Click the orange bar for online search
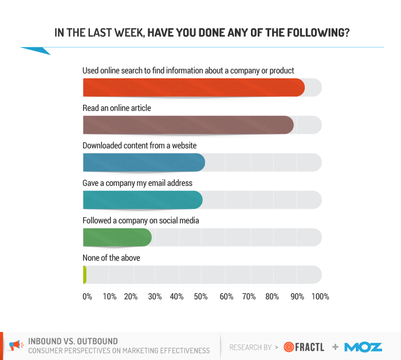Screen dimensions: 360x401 (x=193, y=88)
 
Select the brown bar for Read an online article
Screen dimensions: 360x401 (x=187, y=125)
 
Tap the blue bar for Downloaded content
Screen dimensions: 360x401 (x=143, y=163)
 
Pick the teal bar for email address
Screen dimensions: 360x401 (x=142, y=200)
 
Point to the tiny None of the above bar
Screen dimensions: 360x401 (x=85, y=275)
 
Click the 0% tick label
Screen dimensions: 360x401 (x=87, y=296)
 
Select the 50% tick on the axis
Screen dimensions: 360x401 (x=200, y=296)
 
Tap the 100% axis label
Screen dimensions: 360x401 (x=320, y=296)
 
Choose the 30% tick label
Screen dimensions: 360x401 (x=155, y=296)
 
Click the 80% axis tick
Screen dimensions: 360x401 (x=272, y=296)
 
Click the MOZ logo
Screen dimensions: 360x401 (x=363, y=346)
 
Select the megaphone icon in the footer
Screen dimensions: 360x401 (x=15, y=345)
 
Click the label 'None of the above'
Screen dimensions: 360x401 (x=111, y=258)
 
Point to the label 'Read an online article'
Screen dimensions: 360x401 (x=117, y=108)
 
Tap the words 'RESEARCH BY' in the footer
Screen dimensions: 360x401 (x=250, y=347)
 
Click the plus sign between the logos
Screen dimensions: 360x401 (x=335, y=347)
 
